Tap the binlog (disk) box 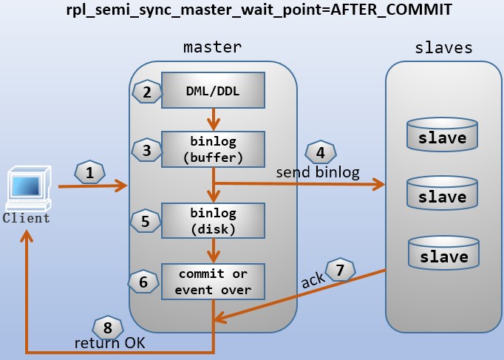pos(213,220)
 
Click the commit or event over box pos(213,281)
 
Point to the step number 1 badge pos(90,174)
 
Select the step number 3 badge pos(146,150)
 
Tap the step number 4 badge pos(319,152)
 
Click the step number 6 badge pos(143,281)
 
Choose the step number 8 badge pos(106,327)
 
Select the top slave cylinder pos(442,133)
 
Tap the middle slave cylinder pos(442,193)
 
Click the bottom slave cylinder pos(442,252)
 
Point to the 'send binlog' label pos(317,173)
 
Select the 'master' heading pos(212,47)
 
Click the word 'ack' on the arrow pos(313,282)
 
